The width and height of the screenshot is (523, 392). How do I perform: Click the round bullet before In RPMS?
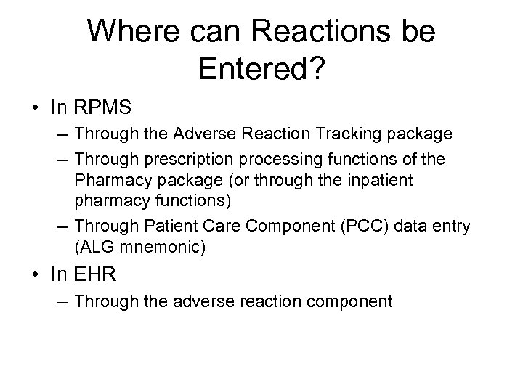click(x=35, y=108)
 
